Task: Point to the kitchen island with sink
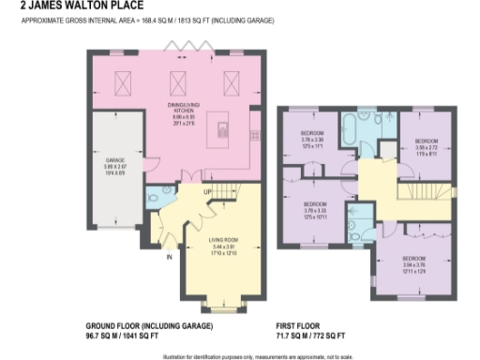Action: pos(223,127)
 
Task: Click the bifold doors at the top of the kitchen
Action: pos(179,48)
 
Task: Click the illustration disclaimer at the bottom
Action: pos(240,354)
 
